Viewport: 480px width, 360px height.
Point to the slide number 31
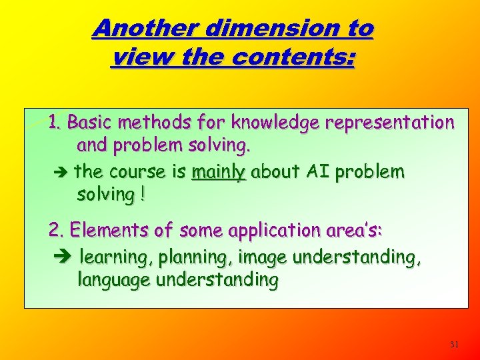tap(454, 345)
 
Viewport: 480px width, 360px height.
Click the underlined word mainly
tap(219, 172)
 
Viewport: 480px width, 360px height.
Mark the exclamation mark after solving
tap(142, 195)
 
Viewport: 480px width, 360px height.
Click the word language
tap(114, 280)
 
